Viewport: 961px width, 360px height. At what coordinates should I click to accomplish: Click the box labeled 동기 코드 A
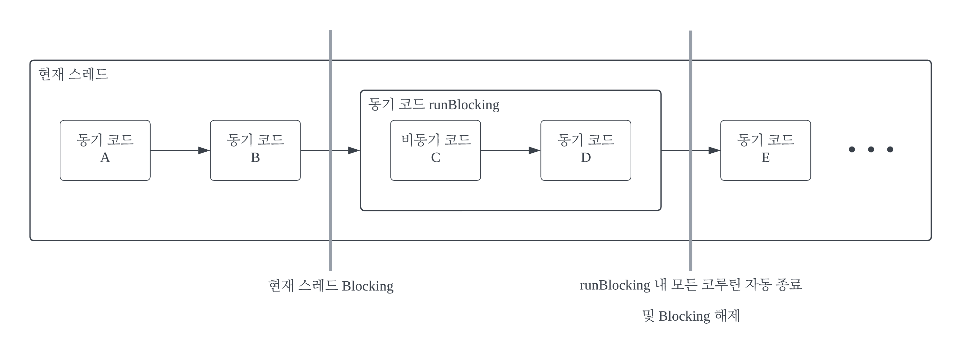(105, 150)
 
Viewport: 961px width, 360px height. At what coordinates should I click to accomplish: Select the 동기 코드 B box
(255, 150)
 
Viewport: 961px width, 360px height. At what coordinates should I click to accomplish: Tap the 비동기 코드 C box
(435, 150)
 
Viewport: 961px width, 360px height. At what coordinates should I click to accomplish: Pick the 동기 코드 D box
(586, 150)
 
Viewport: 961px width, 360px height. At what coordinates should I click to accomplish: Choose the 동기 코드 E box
(766, 150)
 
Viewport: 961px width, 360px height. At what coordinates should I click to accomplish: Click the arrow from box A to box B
(179, 150)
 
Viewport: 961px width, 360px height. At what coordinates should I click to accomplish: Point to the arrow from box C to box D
(510, 150)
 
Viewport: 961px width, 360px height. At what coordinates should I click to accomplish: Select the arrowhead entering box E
(714, 150)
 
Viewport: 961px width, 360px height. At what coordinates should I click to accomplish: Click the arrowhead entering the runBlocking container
(354, 150)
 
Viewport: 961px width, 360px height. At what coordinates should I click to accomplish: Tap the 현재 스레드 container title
(73, 74)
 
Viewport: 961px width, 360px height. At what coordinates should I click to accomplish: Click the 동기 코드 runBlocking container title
(434, 105)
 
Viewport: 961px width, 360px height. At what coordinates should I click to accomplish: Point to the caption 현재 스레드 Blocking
(330, 286)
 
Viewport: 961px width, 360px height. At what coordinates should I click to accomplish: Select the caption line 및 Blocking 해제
(691, 316)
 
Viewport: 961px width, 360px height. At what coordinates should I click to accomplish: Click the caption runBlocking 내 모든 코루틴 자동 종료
(691, 285)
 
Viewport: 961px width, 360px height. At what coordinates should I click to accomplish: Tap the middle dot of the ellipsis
(871, 150)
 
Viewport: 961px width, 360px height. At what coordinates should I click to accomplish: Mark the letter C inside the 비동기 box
(435, 158)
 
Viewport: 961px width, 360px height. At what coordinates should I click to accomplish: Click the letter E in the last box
(766, 158)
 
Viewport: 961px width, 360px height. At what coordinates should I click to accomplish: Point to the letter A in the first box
(105, 158)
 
